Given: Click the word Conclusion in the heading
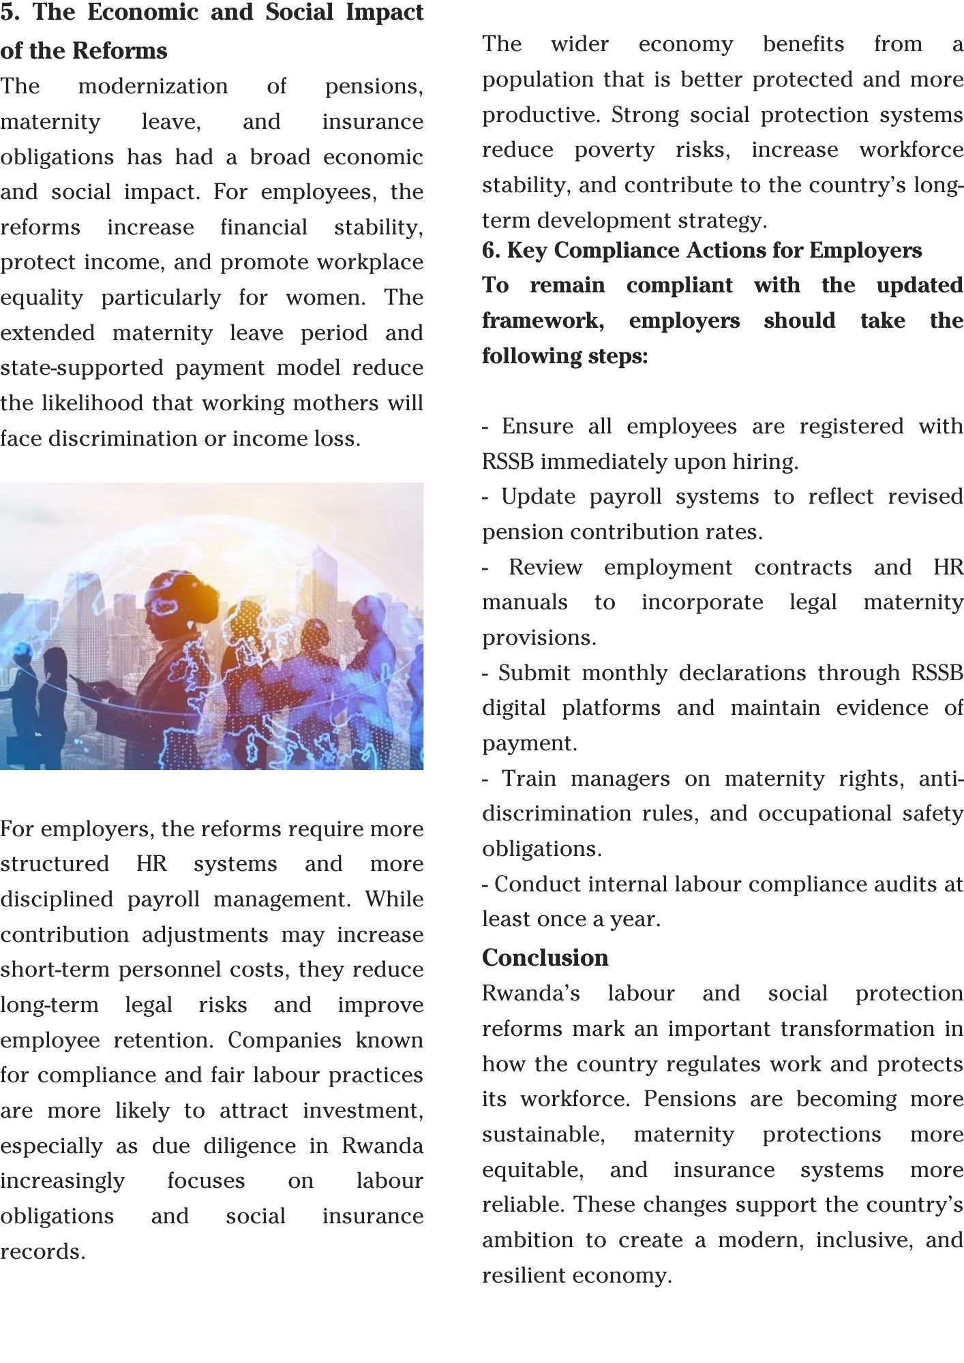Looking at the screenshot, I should [x=545, y=958].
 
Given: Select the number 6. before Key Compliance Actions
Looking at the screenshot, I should [x=491, y=251].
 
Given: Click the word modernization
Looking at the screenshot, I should [x=153, y=87].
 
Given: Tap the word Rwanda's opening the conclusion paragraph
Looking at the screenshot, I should [x=530, y=993].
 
